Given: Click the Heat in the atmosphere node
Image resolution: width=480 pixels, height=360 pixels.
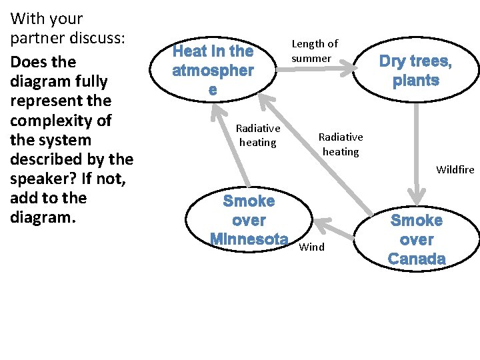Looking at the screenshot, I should (x=213, y=69).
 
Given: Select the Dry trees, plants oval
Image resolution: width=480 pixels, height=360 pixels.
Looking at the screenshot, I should (x=415, y=71).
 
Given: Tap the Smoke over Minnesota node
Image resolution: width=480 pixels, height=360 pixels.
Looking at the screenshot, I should (x=249, y=219).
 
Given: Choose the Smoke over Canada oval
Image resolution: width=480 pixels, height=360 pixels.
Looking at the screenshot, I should (x=416, y=239).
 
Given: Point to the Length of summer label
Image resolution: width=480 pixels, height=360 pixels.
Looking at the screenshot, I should (x=315, y=51).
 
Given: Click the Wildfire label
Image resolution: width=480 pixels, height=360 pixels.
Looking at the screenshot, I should (x=455, y=169).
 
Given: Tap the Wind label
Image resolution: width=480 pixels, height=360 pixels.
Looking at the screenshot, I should (x=312, y=247).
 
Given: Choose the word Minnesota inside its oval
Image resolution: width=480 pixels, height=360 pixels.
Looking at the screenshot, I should (x=249, y=239).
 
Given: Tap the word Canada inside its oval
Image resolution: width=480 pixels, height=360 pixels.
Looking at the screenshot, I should (x=416, y=259).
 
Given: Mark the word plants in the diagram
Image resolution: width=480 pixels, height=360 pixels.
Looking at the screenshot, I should (x=415, y=81).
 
